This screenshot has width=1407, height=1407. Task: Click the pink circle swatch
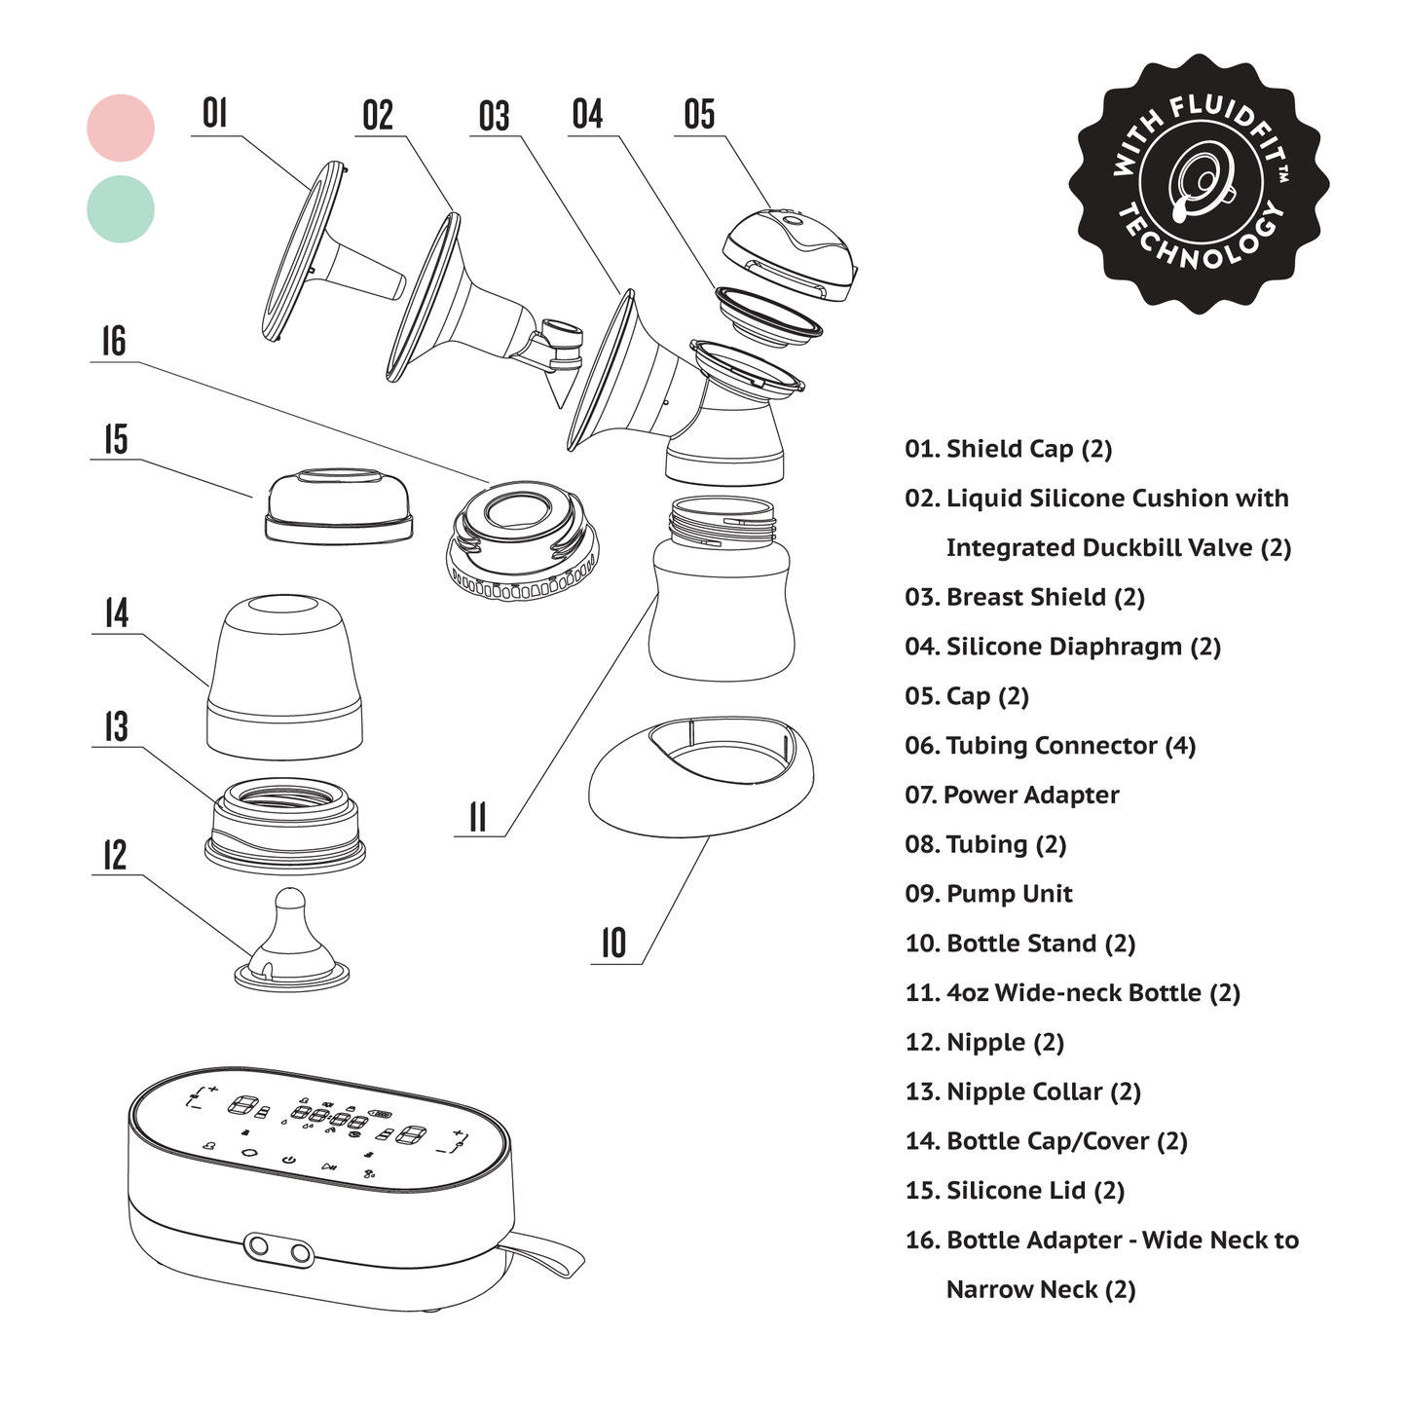coord(121,128)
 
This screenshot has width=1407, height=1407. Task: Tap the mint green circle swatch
coord(121,208)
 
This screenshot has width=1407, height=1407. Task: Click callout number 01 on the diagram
coord(214,114)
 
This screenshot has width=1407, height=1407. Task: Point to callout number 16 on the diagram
coord(114,342)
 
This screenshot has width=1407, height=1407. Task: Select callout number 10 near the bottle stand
coord(613,944)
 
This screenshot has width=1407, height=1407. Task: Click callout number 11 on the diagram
coord(477,817)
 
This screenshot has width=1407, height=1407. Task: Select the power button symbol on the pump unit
coord(288,1161)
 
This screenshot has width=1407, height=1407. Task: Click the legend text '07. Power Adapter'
coord(1012,796)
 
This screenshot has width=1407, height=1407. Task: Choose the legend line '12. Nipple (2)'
coord(984,1043)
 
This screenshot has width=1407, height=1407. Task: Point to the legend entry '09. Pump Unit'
coord(988,894)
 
